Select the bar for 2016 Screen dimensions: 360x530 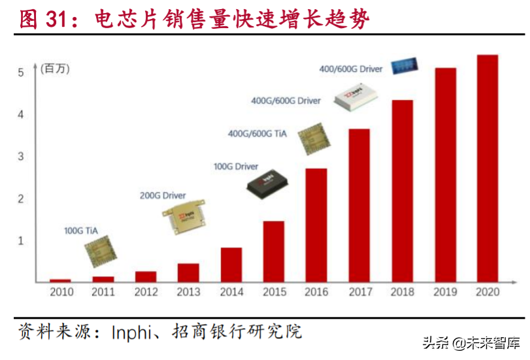(316, 225)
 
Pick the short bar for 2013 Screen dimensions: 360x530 (188, 272)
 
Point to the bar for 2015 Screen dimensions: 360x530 (274, 252)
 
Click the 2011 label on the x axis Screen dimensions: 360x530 (103, 292)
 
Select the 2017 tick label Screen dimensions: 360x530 (359, 292)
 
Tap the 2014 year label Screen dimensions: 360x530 (231, 292)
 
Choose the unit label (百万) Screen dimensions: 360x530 (55, 69)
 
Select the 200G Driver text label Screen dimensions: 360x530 (163, 195)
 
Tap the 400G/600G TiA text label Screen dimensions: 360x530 (257, 134)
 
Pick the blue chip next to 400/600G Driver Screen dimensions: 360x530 (405, 66)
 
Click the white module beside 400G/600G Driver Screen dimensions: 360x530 (355, 99)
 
